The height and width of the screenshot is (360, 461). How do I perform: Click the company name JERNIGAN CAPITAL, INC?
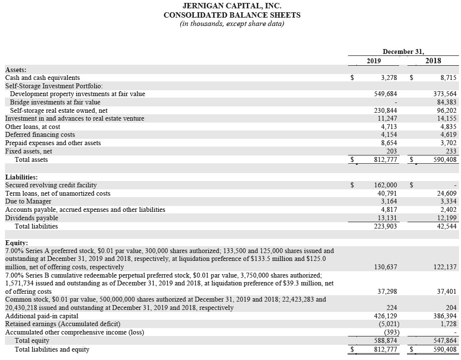coord(232,6)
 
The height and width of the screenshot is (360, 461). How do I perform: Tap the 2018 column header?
coord(433,61)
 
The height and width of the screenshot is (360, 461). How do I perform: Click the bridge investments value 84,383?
coord(446,102)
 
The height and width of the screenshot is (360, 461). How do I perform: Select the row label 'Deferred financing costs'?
coord(40,134)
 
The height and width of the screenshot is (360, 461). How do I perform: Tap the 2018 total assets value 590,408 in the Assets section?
coord(444,159)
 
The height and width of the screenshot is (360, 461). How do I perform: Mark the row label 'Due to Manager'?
coord(28,201)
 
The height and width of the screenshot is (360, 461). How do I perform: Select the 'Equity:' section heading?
coord(17,243)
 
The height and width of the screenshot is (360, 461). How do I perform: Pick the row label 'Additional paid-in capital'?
coord(42,316)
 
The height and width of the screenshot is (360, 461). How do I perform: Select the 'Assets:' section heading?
coord(16,70)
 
